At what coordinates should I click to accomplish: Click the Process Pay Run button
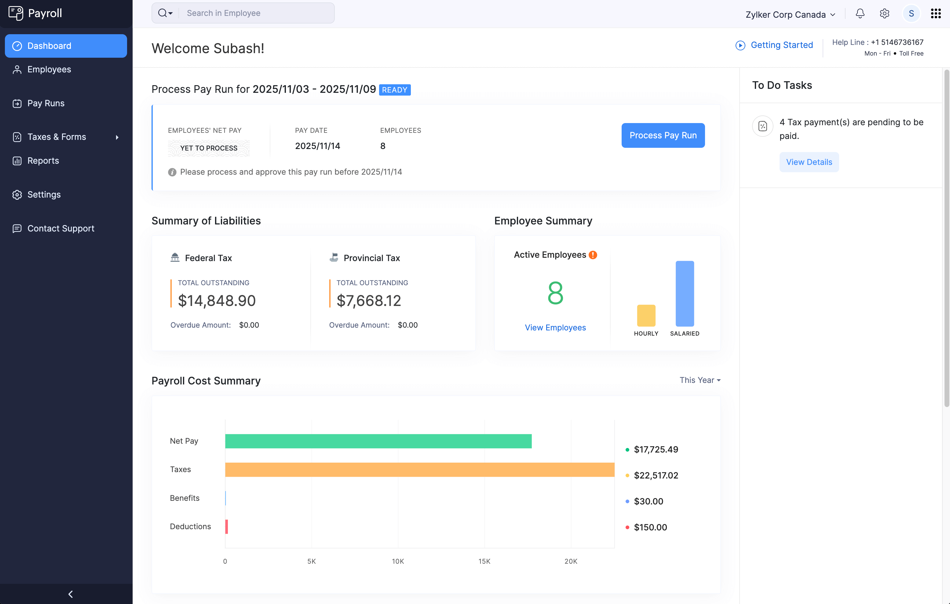tap(663, 135)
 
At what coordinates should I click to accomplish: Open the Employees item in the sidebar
tap(49, 69)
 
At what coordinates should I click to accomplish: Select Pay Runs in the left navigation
tap(46, 103)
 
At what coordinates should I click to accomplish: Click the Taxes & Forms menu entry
tap(57, 137)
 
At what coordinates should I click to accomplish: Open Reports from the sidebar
tap(43, 161)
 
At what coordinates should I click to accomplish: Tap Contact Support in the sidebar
tap(61, 228)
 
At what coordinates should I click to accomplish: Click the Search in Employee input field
tap(256, 13)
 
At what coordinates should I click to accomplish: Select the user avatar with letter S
tap(911, 13)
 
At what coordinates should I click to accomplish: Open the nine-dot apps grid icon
tap(935, 13)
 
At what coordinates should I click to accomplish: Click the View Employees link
tap(555, 327)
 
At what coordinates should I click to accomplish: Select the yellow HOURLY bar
tap(646, 315)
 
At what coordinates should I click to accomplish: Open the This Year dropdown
tap(700, 380)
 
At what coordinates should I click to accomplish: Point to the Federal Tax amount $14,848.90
tap(217, 300)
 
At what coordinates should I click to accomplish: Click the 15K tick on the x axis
tap(484, 561)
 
